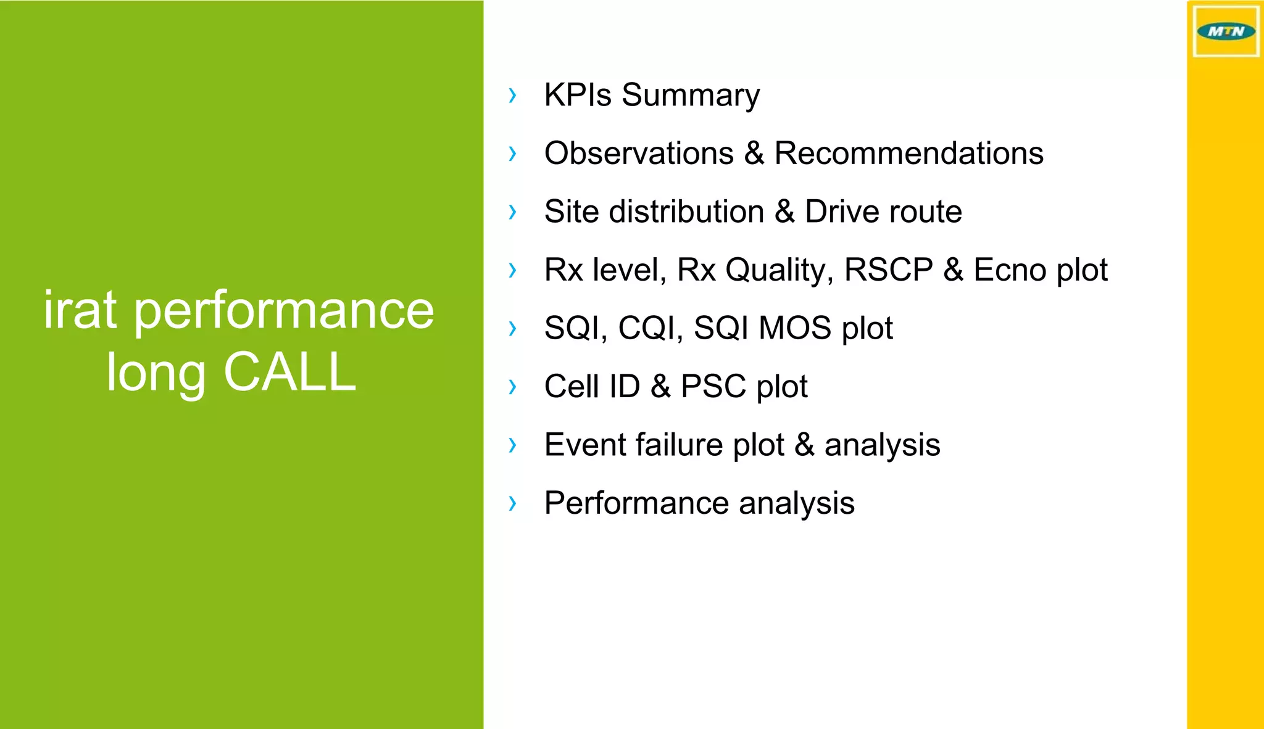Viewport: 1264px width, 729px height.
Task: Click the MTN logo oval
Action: pos(1225,31)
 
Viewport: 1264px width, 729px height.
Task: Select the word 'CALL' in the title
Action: pos(289,372)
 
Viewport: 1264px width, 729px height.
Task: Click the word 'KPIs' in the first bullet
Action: pos(577,95)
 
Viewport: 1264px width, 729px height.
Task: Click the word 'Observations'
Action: pos(639,153)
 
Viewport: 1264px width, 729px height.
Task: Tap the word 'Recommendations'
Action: pos(908,153)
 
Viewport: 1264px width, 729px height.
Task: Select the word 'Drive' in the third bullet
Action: pos(843,212)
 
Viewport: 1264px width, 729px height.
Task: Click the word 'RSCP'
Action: pos(888,270)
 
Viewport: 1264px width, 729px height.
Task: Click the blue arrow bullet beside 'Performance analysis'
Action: pos(512,503)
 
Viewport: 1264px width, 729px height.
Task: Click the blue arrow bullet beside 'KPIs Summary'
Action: pos(512,95)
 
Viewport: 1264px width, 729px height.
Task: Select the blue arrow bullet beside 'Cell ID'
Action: pos(512,387)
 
